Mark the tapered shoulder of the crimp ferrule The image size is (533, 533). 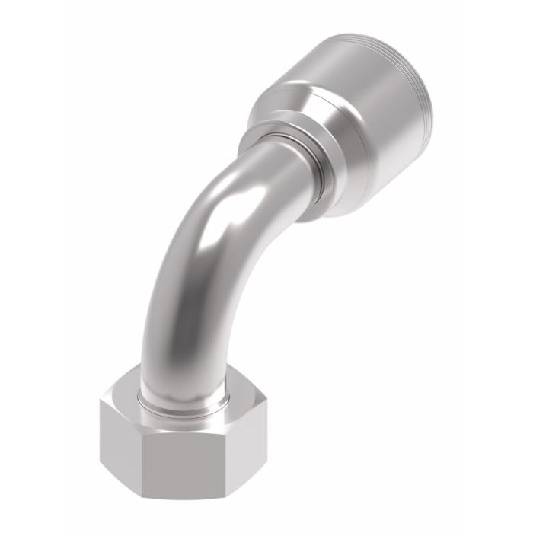click(x=297, y=99)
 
